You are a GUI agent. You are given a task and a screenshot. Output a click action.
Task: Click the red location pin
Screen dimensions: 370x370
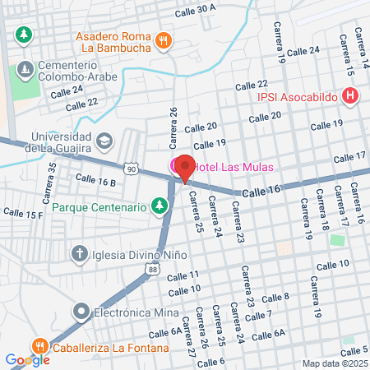(185, 167)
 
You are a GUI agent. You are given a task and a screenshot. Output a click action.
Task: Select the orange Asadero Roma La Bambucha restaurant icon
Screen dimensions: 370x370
(164, 39)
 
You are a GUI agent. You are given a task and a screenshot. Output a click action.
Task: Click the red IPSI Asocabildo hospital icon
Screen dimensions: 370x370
(352, 97)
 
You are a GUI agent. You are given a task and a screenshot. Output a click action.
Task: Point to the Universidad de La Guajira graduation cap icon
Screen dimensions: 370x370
(104, 141)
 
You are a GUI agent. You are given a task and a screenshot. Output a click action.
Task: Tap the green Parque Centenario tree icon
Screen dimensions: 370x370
(159, 206)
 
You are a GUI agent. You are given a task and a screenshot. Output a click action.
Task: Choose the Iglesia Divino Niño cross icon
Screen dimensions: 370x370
(80, 253)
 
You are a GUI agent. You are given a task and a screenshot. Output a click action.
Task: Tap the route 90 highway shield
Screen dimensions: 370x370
(132, 169)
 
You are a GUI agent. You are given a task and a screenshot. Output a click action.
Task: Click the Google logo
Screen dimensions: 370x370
(27, 359)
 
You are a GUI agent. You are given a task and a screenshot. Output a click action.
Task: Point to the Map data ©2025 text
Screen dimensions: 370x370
(333, 363)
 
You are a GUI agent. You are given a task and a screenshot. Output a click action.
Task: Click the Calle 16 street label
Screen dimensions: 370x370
(261, 191)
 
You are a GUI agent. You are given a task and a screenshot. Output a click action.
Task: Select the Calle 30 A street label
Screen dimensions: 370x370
(195, 10)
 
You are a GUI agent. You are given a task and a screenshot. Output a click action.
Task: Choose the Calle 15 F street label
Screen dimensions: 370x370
(23, 214)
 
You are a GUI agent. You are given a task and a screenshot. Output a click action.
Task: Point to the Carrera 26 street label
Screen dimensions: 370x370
(173, 123)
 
